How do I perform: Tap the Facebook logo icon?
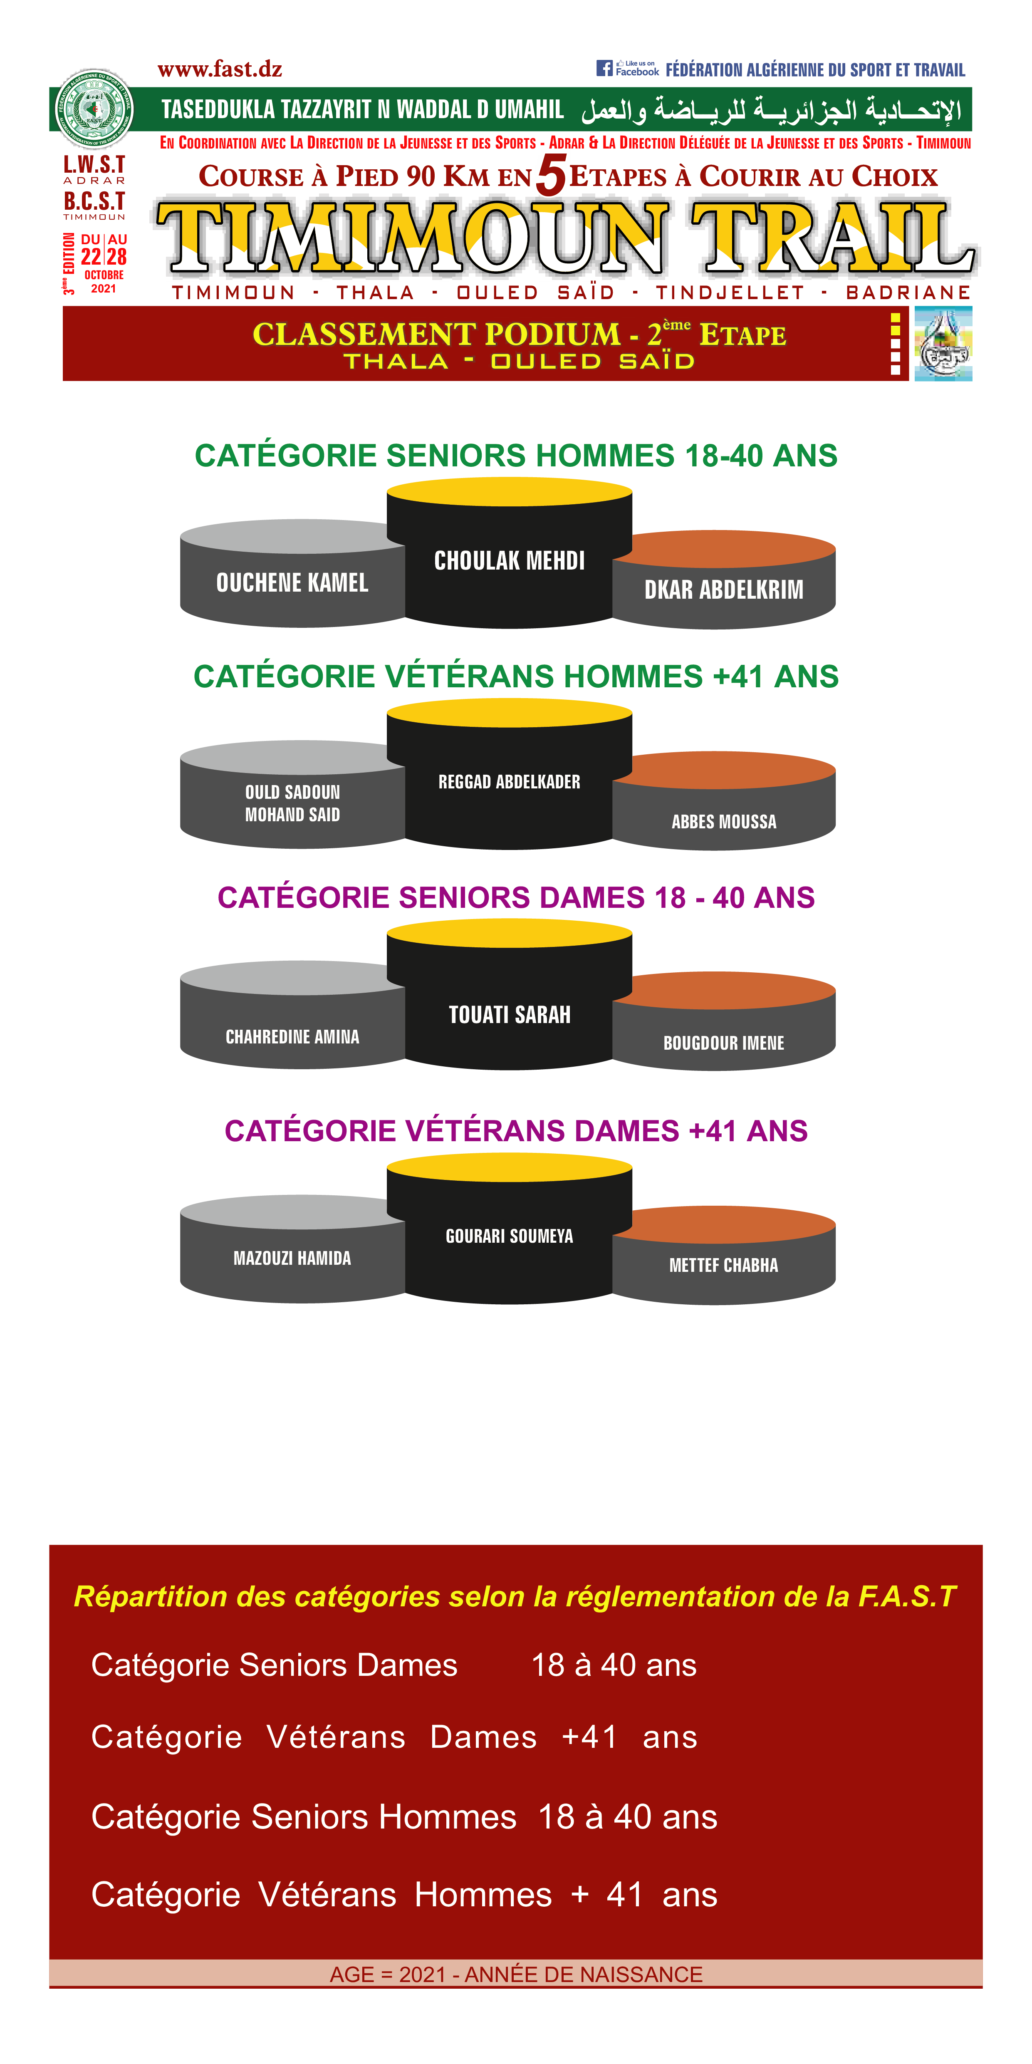tap(604, 68)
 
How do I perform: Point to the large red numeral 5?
tap(551, 175)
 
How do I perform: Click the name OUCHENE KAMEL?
tap(292, 582)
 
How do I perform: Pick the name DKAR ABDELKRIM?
tap(723, 590)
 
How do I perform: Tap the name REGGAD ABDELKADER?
tap(510, 782)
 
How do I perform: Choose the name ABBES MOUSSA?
tap(723, 821)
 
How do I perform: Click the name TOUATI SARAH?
tap(510, 1014)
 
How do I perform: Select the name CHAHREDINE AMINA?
tap(292, 1037)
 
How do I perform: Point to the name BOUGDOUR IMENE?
tap(723, 1043)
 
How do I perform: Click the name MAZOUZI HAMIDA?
tap(292, 1258)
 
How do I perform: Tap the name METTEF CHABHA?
tap(723, 1265)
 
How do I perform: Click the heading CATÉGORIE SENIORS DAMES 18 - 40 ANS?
tap(516, 897)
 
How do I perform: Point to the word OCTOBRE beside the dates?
tap(104, 275)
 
